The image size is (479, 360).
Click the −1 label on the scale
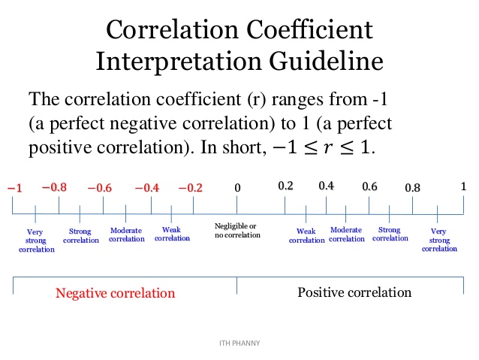coord(14,189)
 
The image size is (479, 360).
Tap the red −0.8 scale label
coord(54,186)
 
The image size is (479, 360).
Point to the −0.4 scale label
coord(146,188)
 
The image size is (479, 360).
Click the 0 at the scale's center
coord(237,188)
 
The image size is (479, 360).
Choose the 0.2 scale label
coord(285,186)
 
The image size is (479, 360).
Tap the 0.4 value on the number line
coord(326,186)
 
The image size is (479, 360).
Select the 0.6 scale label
coord(369,186)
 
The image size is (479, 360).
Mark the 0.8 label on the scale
coord(412,188)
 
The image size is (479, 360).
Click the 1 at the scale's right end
coord(463,186)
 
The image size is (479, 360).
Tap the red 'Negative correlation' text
coord(115,292)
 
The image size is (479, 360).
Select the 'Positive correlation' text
coord(354,292)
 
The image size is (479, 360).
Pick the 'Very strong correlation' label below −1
coord(36,240)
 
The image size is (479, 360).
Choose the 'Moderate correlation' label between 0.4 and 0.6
coord(346,234)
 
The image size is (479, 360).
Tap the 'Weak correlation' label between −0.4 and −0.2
coord(172,234)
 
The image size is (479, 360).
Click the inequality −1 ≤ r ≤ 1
coord(319,147)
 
